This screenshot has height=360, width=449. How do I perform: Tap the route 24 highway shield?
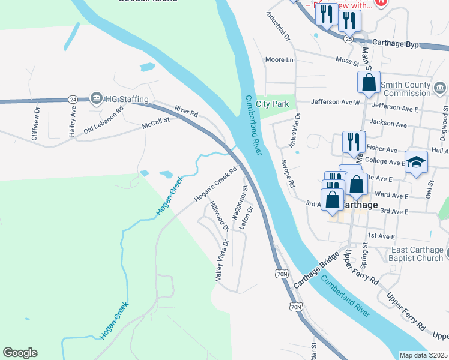pos(73,98)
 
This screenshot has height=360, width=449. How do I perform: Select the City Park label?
pos(272,104)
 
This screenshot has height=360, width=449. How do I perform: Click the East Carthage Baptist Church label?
pos(417,254)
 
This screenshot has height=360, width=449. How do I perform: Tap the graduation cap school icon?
pos(416,163)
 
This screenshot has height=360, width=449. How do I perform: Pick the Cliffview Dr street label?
pos(37,120)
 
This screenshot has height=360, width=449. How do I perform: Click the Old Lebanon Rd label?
pos(104,120)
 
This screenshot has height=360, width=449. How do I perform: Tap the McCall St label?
pos(156,121)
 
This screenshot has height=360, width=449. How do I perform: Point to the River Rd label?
pos(186,111)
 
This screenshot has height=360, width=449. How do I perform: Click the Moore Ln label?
pos(280,59)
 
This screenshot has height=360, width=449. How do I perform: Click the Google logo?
pos(20,353)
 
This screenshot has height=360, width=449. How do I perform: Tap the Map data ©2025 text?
pos(423,355)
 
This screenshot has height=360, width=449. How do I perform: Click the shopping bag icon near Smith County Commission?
pos(369,82)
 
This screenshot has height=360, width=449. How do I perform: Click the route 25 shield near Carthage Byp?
pos(348,38)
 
